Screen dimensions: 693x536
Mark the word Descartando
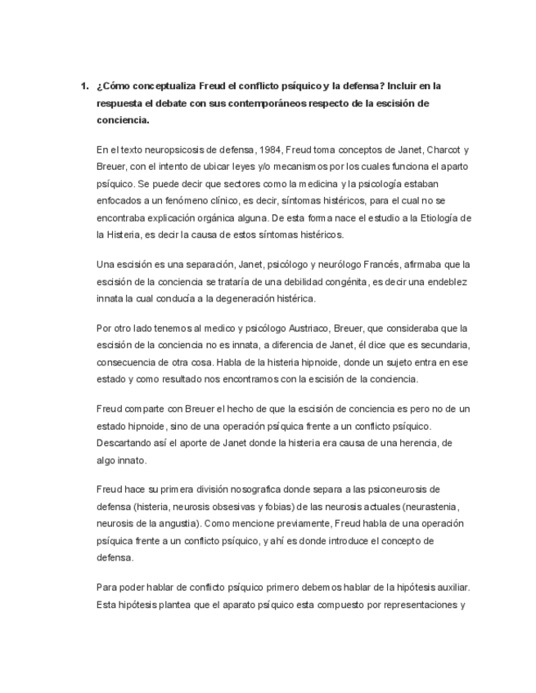pyautogui.click(x=125, y=442)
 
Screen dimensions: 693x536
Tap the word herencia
pyautogui.click(x=414, y=442)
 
